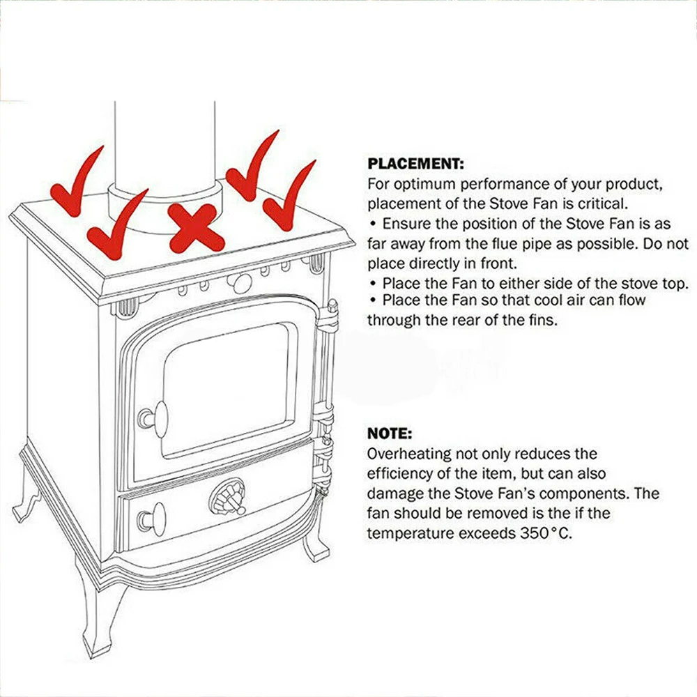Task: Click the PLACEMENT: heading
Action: coord(415,164)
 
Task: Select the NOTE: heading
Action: coord(390,433)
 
